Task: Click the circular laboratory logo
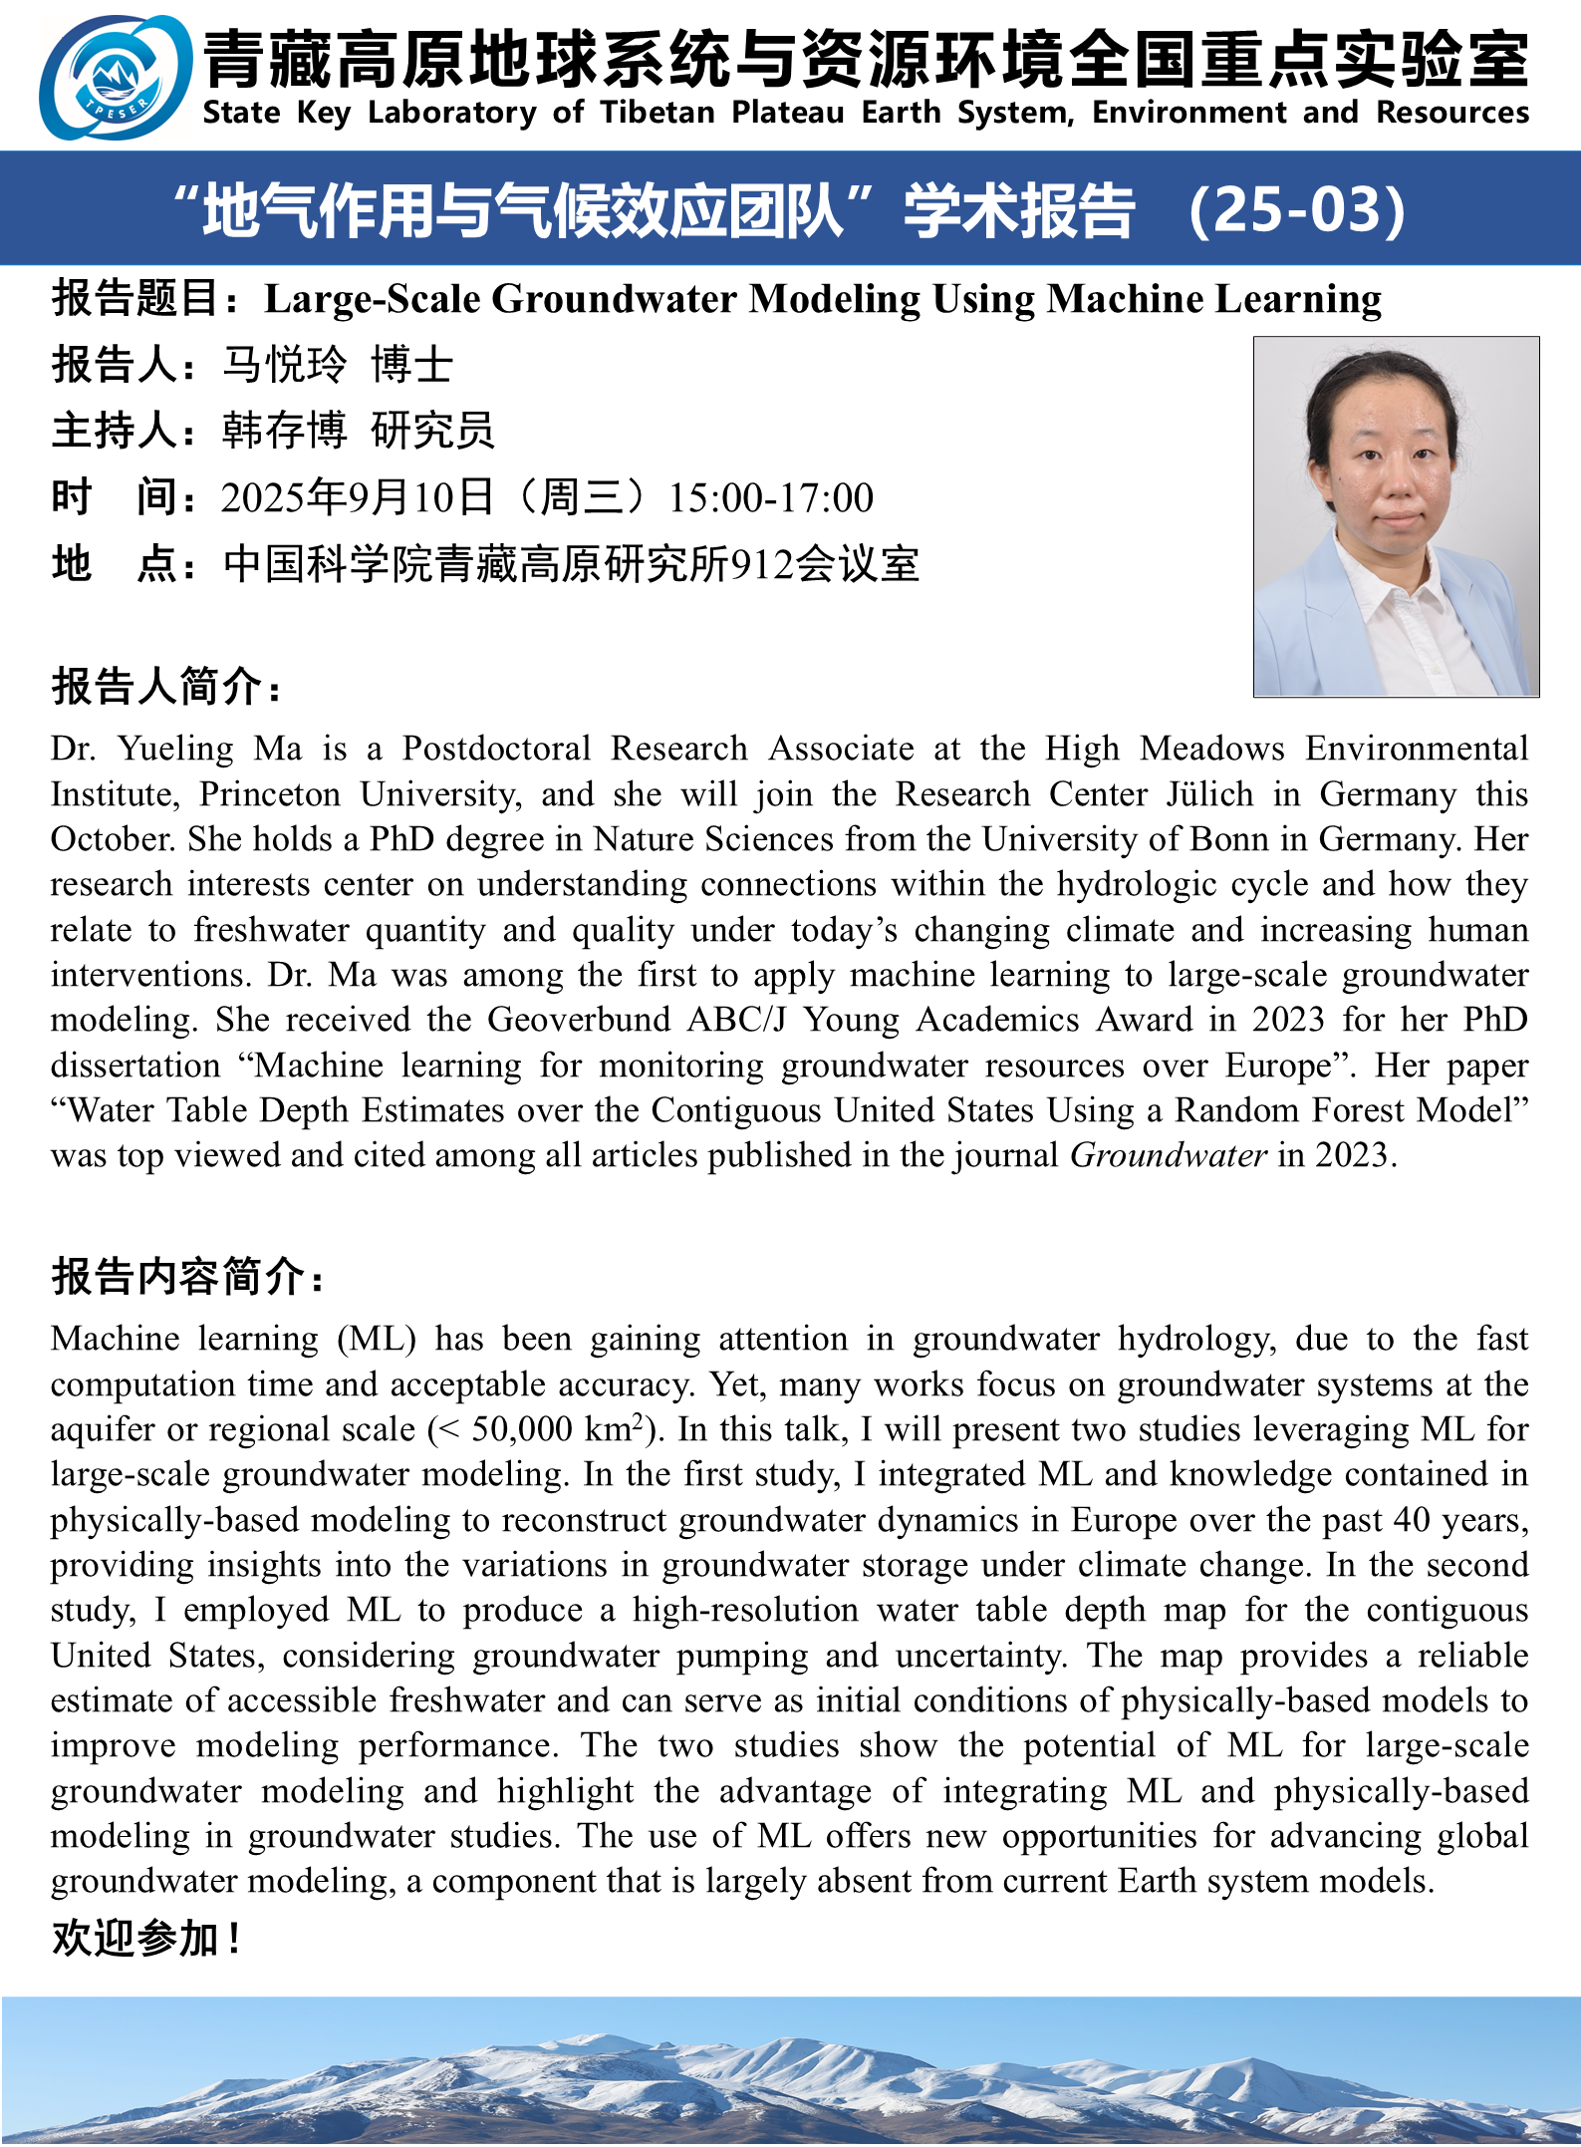(x=116, y=77)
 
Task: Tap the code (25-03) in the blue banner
(x=1298, y=211)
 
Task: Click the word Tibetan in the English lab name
(x=658, y=113)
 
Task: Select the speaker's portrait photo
(x=1396, y=516)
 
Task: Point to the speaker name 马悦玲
(x=285, y=365)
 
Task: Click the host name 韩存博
(x=285, y=431)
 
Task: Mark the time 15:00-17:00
(x=770, y=497)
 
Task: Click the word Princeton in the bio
(x=270, y=794)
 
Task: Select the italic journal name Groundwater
(x=1169, y=1155)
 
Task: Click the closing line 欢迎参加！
(x=145, y=1939)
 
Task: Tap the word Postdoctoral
(x=496, y=749)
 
